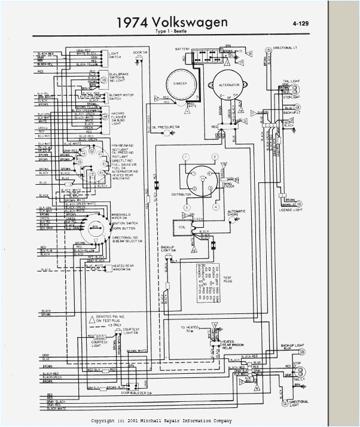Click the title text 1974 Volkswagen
172,22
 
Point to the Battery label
182,48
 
